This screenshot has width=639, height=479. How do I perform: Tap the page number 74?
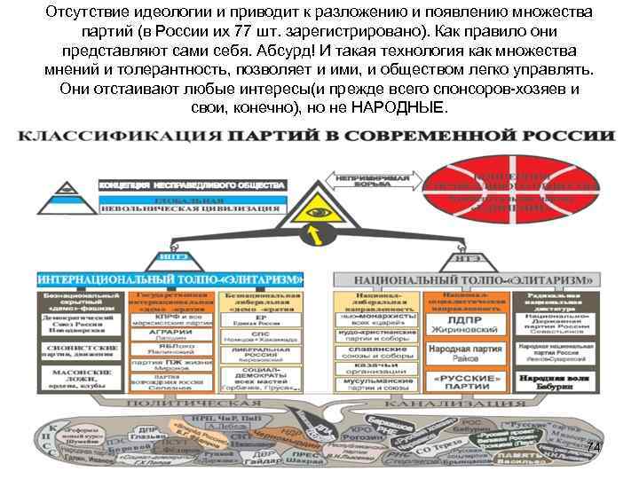coord(592,447)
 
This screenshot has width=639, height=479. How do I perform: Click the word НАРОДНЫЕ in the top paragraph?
coord(402,106)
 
